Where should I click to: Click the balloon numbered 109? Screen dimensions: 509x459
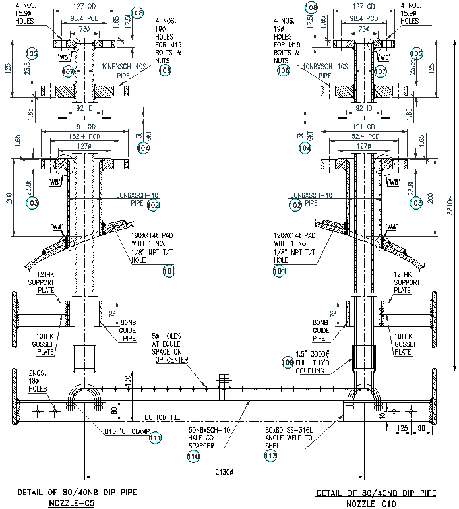tap(288, 361)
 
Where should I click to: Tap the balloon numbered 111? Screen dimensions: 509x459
tap(154, 436)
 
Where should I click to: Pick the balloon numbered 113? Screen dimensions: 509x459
tap(270, 456)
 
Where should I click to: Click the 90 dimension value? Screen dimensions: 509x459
tap(421, 429)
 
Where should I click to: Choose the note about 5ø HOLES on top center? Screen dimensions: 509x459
tap(169, 347)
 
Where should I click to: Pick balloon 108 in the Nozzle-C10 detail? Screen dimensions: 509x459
tap(311, 7)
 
